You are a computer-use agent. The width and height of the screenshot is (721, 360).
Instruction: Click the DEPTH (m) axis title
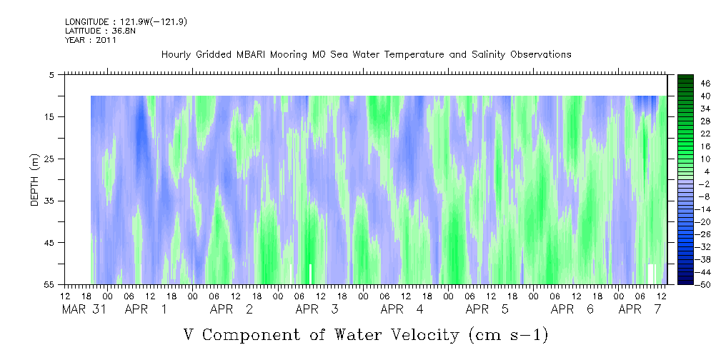(35, 180)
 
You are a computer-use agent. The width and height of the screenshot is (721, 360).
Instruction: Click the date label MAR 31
(84, 309)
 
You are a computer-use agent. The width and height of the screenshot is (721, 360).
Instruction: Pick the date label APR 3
(317, 309)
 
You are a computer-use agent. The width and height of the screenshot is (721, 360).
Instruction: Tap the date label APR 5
(487, 309)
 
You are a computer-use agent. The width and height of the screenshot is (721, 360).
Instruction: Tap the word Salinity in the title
(489, 55)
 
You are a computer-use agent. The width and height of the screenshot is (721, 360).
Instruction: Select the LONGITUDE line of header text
(126, 21)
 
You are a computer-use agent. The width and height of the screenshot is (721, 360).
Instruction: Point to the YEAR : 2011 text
(91, 40)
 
